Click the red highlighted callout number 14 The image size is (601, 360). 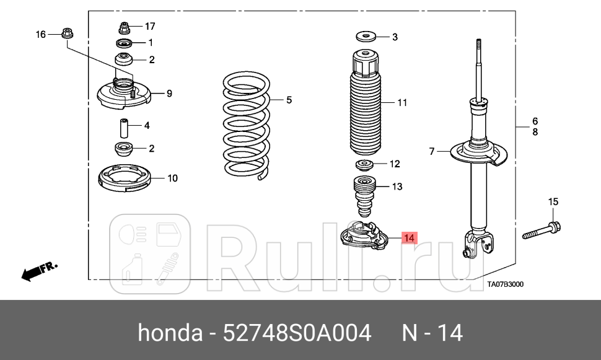click(409, 237)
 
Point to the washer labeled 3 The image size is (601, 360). click(366, 37)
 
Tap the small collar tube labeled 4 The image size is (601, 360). click(124, 128)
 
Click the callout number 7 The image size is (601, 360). click(434, 151)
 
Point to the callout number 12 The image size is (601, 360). click(395, 164)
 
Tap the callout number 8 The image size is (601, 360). click(535, 132)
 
